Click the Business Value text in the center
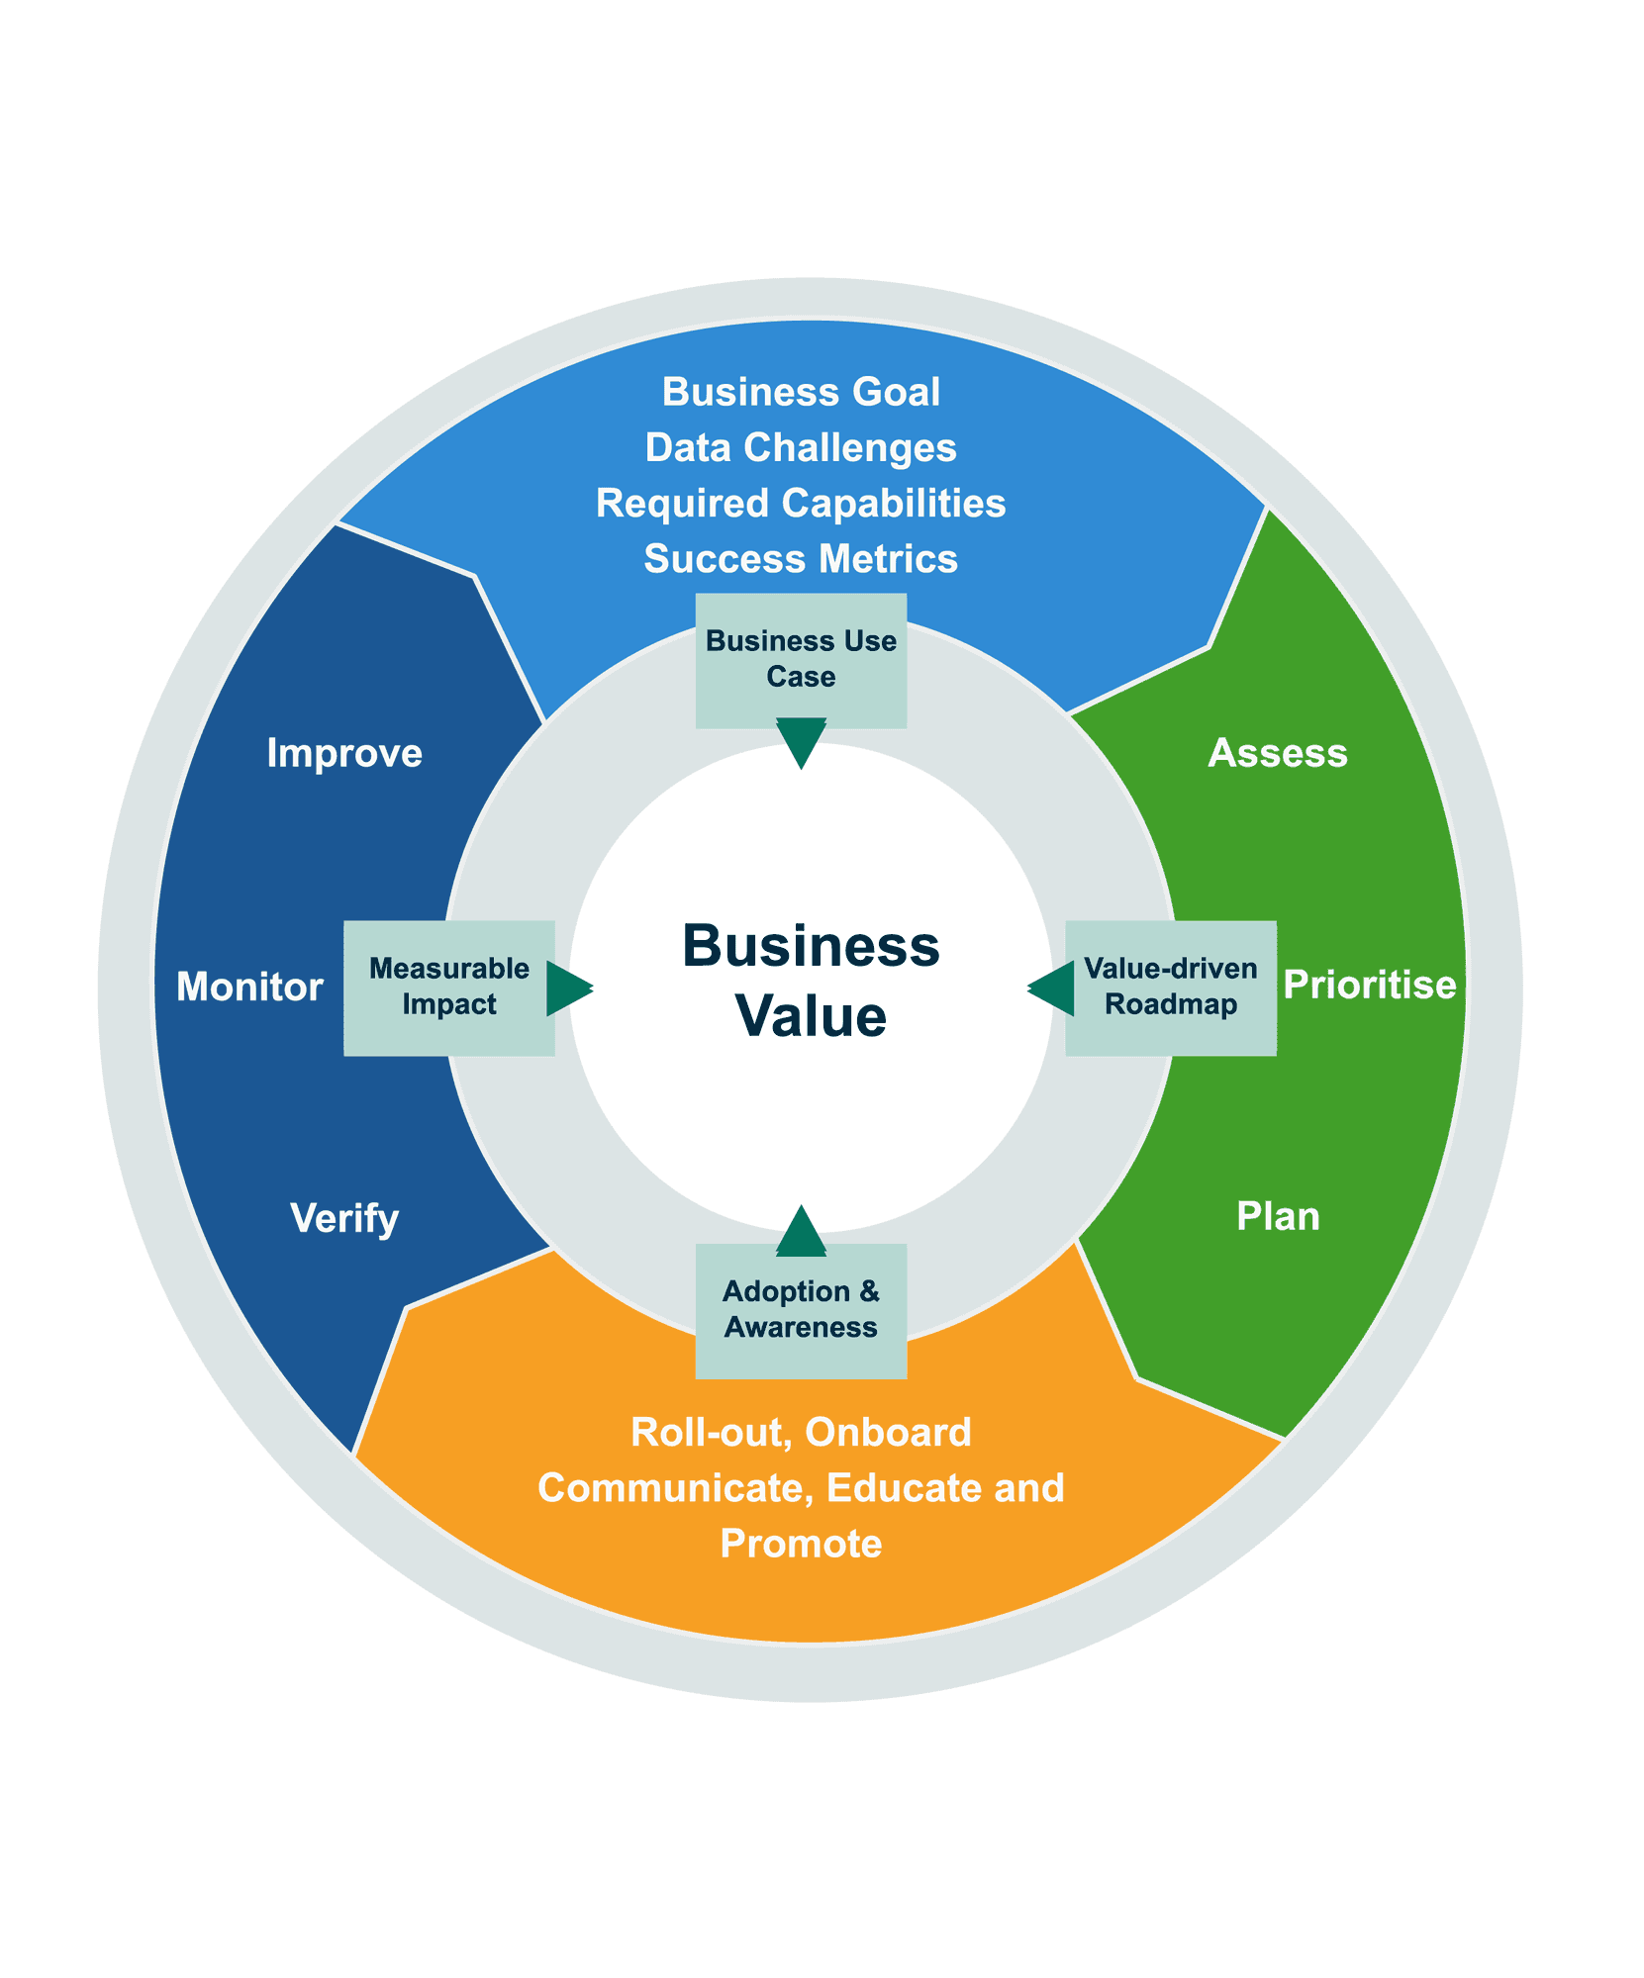[811, 980]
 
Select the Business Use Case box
[801, 659]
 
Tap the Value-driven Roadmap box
[1170, 987]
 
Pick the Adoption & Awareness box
[801, 1309]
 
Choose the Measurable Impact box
[448, 987]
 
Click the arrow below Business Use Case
[801, 742]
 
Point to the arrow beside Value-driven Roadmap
[1052, 988]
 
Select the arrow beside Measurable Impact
[569, 988]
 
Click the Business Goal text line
[801, 392]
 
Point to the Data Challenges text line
[801, 447]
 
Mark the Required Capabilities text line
[801, 503]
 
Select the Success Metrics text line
[801, 559]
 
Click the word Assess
[1278, 753]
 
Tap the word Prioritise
[1369, 985]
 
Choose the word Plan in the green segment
[1278, 1216]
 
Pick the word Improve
[344, 753]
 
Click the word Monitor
[249, 987]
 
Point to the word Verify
[344, 1218]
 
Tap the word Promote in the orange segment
[801, 1544]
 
